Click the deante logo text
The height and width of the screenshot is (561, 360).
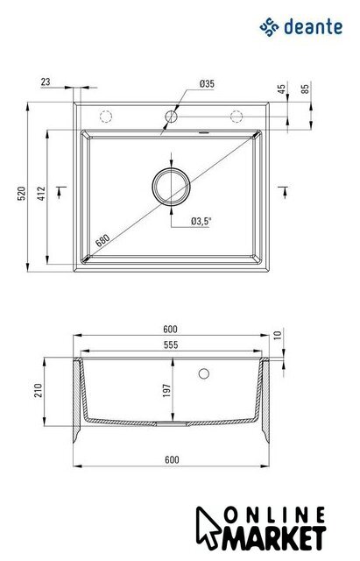(x=314, y=27)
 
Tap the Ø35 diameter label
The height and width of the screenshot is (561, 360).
(x=207, y=84)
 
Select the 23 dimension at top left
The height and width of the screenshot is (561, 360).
(x=46, y=82)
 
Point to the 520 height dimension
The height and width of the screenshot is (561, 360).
(x=22, y=193)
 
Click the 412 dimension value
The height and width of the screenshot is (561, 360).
(x=42, y=193)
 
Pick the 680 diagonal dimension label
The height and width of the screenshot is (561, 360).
(x=102, y=239)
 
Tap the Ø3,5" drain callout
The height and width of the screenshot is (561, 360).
(x=201, y=221)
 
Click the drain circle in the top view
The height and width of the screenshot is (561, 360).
(x=172, y=186)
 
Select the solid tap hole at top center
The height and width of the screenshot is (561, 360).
(x=172, y=117)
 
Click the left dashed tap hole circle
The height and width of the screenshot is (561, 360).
(x=106, y=117)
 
